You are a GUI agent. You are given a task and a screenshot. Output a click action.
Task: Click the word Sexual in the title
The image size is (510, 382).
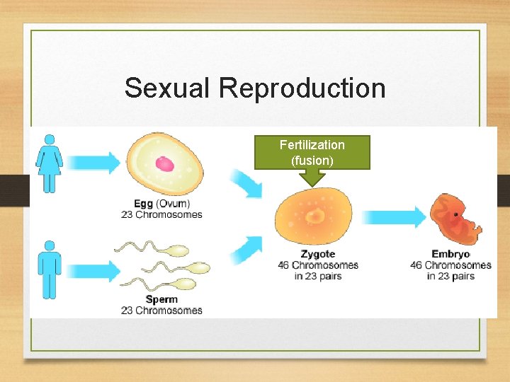tap(168, 88)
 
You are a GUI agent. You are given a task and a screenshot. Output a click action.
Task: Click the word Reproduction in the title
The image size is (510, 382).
tap(302, 88)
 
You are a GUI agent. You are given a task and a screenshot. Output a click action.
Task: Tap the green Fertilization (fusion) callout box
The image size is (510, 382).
tap(312, 152)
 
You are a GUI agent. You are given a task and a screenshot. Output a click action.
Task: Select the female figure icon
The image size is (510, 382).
tap(49, 163)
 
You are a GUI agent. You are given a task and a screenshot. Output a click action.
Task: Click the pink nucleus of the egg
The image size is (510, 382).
tap(165, 164)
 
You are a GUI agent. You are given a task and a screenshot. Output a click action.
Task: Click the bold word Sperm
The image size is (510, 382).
tap(161, 299)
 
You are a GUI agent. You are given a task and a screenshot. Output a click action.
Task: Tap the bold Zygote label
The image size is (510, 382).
tap(317, 254)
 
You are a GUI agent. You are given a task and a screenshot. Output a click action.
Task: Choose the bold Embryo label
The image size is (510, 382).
tap(450, 254)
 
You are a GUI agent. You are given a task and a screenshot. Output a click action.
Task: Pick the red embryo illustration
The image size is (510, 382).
tap(455, 220)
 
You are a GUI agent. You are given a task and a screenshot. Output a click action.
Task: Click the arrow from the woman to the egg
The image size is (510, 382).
tap(95, 163)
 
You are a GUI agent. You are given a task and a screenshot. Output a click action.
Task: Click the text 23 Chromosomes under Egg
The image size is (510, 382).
tap(161, 214)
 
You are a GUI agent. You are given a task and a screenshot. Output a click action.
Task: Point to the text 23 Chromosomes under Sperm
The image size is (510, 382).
tap(161, 310)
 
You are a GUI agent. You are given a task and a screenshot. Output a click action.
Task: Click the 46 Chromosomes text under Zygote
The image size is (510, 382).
tap(317, 265)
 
